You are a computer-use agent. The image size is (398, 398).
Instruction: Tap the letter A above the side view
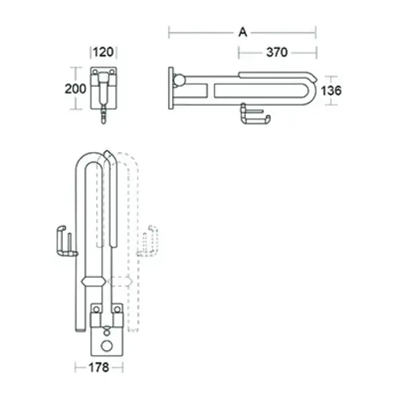point(242,32)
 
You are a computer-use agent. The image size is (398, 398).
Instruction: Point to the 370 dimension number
point(276,53)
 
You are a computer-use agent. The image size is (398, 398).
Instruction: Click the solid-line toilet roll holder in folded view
point(64,242)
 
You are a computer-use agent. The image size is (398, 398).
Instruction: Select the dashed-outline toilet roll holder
point(146,242)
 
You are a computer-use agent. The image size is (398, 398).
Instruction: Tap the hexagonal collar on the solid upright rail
point(92,281)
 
